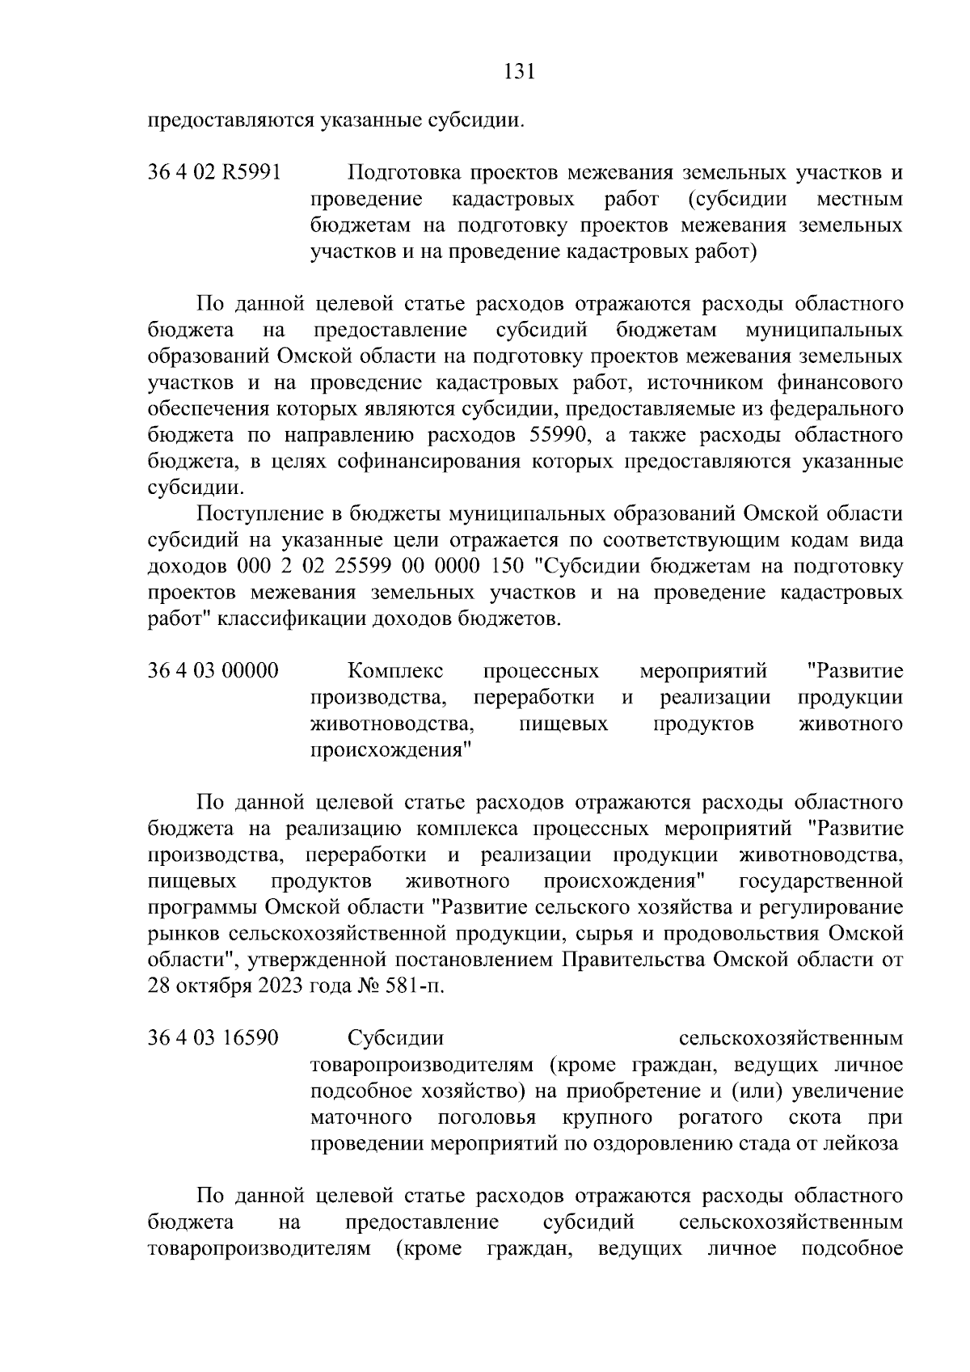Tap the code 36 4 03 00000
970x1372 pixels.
213,671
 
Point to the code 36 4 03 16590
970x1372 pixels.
213,1037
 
